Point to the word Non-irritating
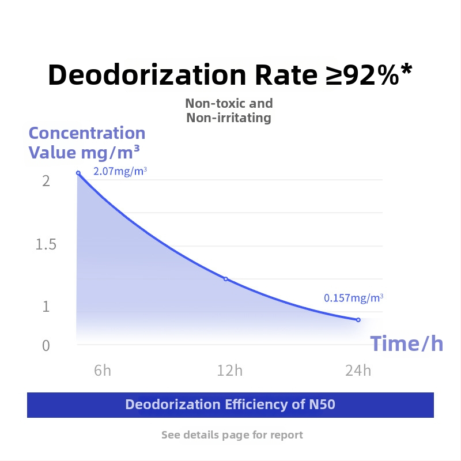point(229,118)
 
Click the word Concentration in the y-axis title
point(87,133)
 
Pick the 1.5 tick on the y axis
point(46,245)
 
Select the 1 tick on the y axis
point(46,307)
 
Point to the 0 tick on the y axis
point(46,346)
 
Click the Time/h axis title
point(407,343)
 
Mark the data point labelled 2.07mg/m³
point(78,173)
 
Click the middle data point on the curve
point(226,279)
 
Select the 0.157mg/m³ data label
point(353,298)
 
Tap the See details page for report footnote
point(232,434)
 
